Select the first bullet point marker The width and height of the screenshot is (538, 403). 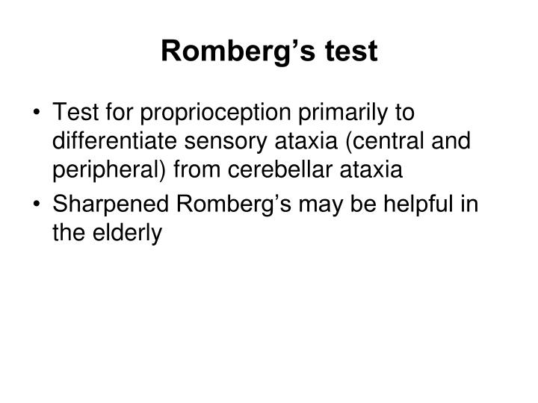click(37, 113)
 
